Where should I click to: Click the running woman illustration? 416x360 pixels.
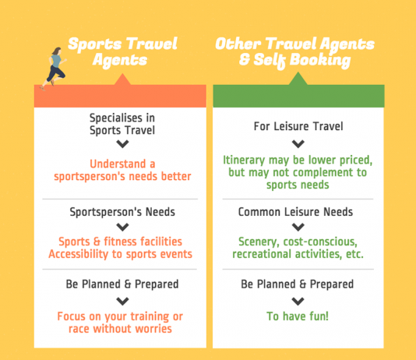(x=54, y=69)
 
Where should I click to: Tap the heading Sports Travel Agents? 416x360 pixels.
(x=122, y=52)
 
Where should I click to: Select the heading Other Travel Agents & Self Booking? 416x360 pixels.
(x=294, y=52)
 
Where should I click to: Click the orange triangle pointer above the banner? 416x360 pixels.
(x=122, y=79)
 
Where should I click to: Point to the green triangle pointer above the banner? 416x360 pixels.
(x=298, y=79)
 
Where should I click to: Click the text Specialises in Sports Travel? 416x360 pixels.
(x=122, y=124)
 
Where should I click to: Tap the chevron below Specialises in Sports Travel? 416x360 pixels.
(x=122, y=144)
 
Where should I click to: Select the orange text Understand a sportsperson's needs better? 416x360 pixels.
(x=122, y=170)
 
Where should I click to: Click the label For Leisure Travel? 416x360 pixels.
(x=298, y=126)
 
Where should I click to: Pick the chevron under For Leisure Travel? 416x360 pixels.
(x=298, y=144)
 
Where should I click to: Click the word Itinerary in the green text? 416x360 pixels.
(x=244, y=161)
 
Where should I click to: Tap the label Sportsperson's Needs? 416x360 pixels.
(x=122, y=212)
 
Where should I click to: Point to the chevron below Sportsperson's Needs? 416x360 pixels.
(x=122, y=227)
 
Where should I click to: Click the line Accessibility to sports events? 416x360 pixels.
(x=120, y=254)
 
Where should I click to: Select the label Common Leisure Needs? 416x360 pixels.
(x=295, y=212)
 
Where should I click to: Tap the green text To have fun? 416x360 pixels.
(x=298, y=316)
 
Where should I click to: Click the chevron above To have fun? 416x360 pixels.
(x=298, y=302)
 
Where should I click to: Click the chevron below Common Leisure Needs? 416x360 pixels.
(x=298, y=227)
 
